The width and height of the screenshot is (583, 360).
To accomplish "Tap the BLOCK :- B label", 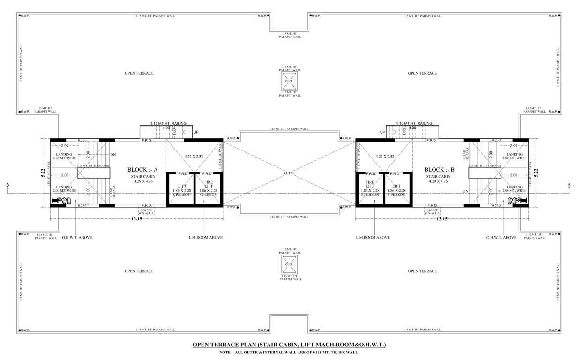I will click(x=438, y=170).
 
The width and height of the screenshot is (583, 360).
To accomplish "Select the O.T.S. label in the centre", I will click(x=289, y=173).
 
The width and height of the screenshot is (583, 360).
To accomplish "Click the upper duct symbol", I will click(x=289, y=81).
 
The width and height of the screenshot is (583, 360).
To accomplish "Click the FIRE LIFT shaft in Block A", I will click(x=208, y=188).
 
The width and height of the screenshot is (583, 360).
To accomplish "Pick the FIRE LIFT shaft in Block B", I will click(x=370, y=188).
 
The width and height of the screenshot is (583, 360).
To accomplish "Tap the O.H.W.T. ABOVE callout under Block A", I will click(x=77, y=238).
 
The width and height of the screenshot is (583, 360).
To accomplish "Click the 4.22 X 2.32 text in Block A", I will click(x=194, y=156).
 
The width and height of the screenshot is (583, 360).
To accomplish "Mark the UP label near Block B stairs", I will click(x=382, y=132).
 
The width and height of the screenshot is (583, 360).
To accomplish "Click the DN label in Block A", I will click(x=112, y=154).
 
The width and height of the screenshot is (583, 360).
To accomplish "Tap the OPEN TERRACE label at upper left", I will click(x=139, y=73).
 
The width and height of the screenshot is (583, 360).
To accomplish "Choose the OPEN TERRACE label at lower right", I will click(x=422, y=271).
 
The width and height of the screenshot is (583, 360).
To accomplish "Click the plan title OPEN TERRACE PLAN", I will click(x=289, y=345).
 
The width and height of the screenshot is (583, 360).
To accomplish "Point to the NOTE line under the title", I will click(x=291, y=352).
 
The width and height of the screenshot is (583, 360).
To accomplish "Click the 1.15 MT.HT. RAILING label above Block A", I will click(x=168, y=123).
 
